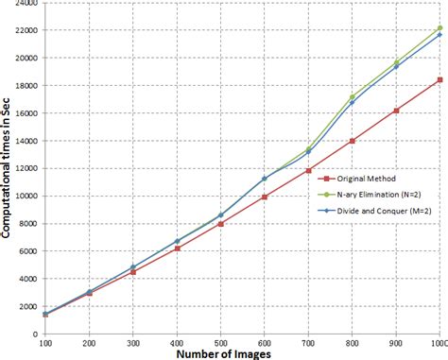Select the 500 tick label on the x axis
220,344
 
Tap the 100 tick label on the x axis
43,344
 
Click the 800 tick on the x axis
352,344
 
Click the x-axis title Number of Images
224,354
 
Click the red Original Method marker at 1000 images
439,80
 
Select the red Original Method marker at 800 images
352,141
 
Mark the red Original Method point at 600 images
264,197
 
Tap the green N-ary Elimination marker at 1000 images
439,28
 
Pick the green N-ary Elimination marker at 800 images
352,96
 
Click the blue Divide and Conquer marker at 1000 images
439,35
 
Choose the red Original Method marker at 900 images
396,111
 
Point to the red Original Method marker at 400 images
176,249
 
